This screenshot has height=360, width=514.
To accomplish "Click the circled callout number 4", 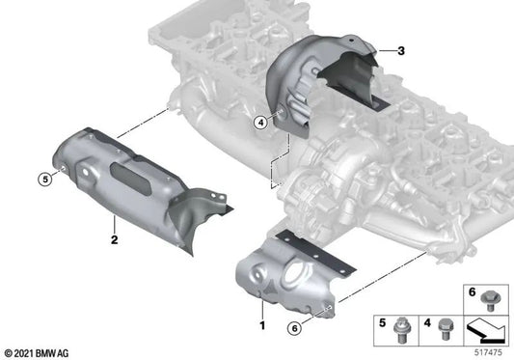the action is tap(260, 124).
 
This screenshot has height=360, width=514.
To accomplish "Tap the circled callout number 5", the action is tap(45, 180).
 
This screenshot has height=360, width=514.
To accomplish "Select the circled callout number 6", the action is tap(294, 328).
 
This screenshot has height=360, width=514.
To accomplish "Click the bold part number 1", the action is tap(262, 325).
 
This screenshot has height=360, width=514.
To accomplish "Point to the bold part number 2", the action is tap(114, 239).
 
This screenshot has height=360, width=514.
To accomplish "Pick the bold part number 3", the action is tap(401, 51).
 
